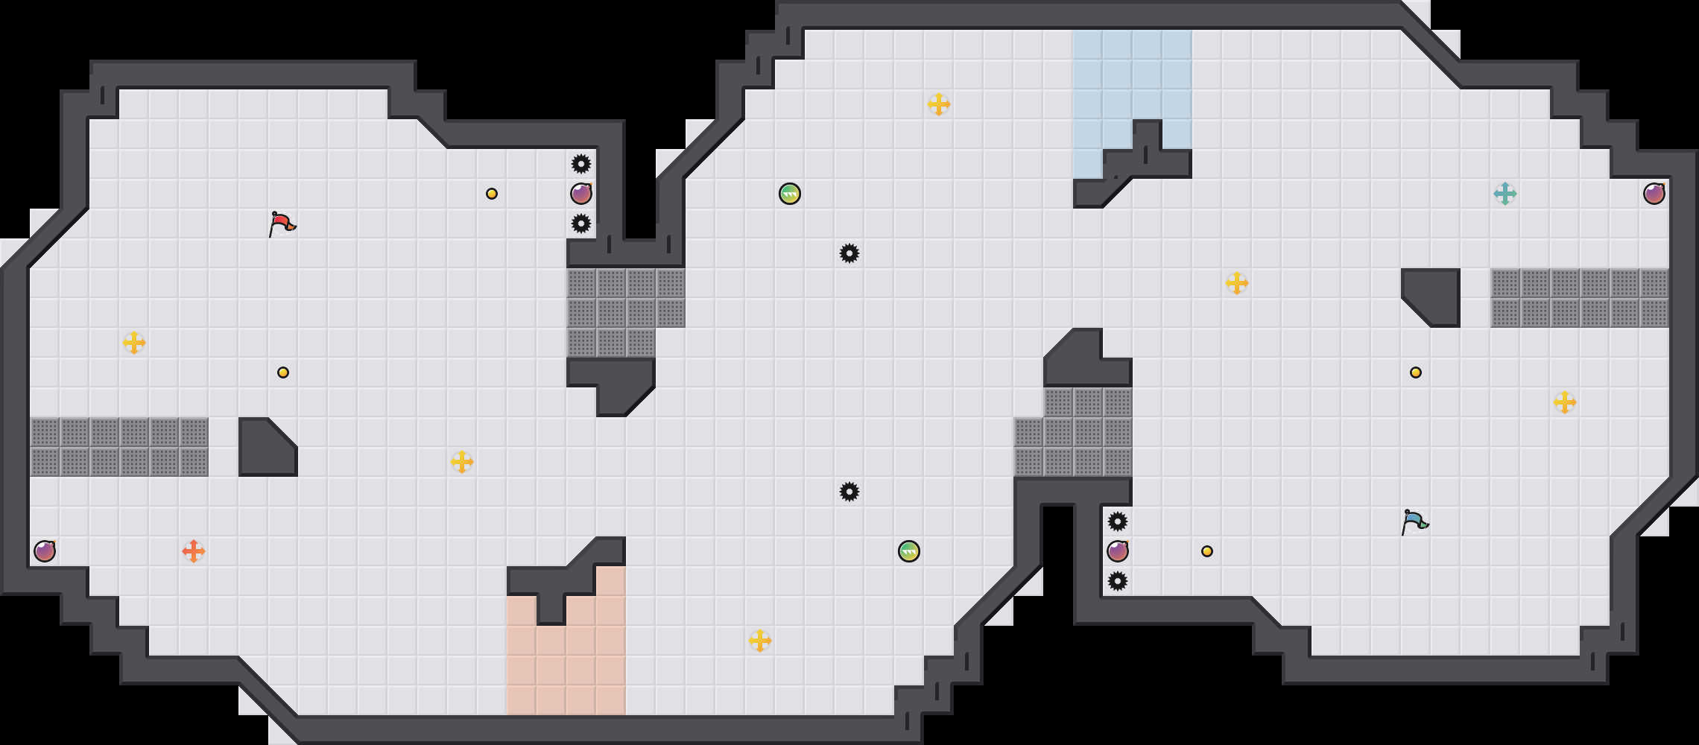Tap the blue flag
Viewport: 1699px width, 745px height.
click(x=1414, y=521)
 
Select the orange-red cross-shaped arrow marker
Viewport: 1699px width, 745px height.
click(x=194, y=551)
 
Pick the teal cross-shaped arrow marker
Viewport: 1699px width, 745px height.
click(x=1505, y=194)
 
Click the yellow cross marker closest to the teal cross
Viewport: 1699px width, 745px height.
click(x=1565, y=402)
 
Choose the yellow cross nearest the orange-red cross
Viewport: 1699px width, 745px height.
click(x=134, y=343)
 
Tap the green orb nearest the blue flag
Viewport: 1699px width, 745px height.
click(x=909, y=551)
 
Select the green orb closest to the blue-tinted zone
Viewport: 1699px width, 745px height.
click(x=790, y=194)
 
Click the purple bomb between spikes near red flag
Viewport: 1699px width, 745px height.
click(x=581, y=194)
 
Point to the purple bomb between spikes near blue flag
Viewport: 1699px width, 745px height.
click(x=1118, y=551)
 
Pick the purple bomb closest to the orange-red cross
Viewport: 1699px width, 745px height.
click(x=45, y=551)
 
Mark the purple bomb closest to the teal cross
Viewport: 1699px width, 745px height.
click(x=1654, y=194)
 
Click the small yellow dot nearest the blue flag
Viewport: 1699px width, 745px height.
click(x=1416, y=372)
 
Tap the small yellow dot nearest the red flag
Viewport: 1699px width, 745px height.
click(x=283, y=372)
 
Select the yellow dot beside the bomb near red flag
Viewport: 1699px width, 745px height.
click(x=492, y=194)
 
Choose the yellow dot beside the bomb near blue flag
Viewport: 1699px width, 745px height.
click(x=1207, y=551)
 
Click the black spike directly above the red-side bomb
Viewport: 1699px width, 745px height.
click(x=581, y=164)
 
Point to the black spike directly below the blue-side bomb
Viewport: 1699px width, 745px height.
click(x=1118, y=581)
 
